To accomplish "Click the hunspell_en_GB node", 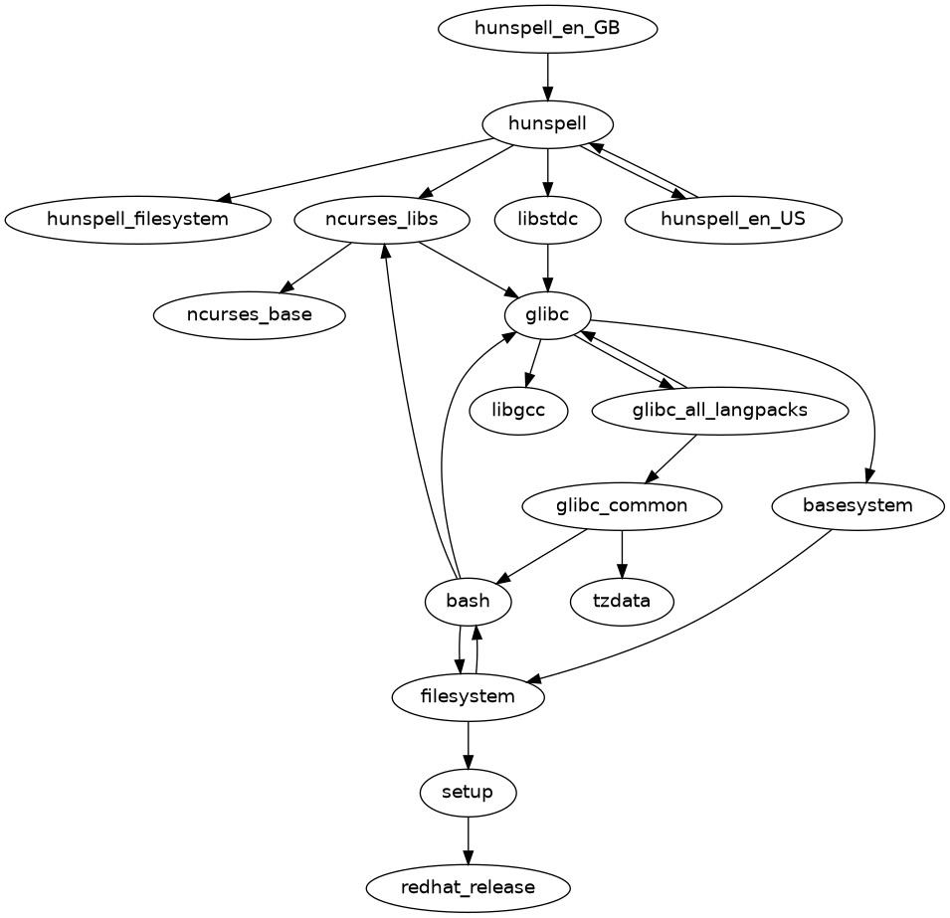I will click(x=547, y=28).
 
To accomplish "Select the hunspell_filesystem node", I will click(x=137, y=219).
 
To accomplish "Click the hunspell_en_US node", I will click(x=734, y=219).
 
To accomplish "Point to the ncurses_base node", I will click(x=249, y=315).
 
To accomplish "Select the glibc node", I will click(x=547, y=315).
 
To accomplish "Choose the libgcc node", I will click(x=518, y=410).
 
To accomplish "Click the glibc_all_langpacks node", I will click(x=719, y=410).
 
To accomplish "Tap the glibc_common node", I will click(x=622, y=505).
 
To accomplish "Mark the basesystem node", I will click(x=857, y=505).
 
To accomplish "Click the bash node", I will click(x=469, y=601).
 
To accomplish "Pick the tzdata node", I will click(x=622, y=601).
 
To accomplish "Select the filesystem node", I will click(x=469, y=696).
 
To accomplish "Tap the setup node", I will click(x=469, y=792).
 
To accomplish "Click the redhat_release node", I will click(x=469, y=886).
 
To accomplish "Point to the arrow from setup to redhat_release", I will click(x=469, y=839).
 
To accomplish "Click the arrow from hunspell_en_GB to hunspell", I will click(x=547, y=76).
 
